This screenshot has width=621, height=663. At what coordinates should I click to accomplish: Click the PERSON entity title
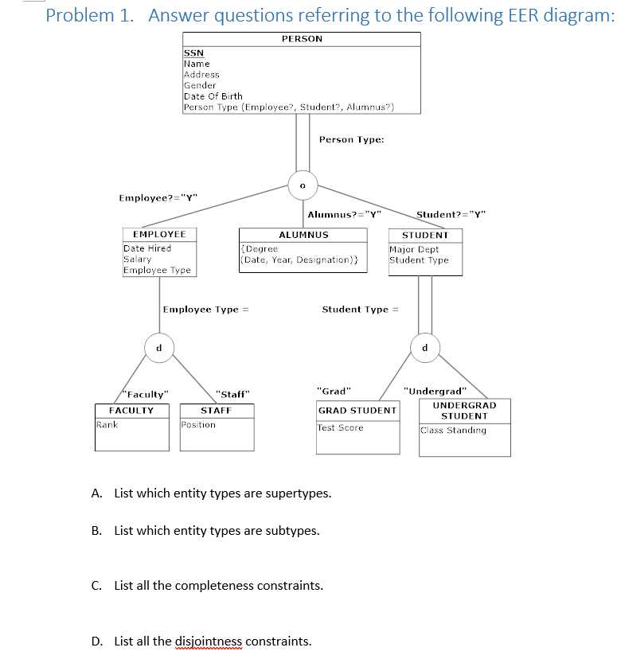pos(302,39)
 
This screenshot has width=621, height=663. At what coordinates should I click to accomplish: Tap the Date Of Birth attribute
pos(213,96)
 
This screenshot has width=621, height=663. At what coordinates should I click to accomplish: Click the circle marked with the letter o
pos(303,185)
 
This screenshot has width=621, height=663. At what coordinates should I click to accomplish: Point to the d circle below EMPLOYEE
pos(158,347)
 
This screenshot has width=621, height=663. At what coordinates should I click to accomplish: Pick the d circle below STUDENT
pos(425,347)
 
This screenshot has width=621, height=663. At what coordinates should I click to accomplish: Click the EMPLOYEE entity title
pos(158,235)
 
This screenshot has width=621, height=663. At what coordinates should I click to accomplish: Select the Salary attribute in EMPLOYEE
pos(137,259)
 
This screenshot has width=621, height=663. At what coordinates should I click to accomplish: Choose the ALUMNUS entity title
pos(303,235)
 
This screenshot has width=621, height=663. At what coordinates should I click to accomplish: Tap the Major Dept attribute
pos(414,249)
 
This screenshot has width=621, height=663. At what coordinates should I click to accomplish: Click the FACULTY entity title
pos(131,411)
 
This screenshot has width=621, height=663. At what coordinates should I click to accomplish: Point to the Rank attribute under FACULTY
pos(107,424)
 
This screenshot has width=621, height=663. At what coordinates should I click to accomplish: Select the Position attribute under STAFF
pos(198,424)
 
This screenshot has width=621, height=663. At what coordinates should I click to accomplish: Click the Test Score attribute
pos(340,428)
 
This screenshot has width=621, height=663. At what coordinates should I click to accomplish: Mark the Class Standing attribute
pos(453,431)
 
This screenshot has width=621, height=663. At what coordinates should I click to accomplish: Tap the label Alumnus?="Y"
pos(345,214)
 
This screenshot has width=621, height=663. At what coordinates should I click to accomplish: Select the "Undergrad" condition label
pos(434,391)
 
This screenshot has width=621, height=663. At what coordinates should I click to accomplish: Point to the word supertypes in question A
pos(300,493)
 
